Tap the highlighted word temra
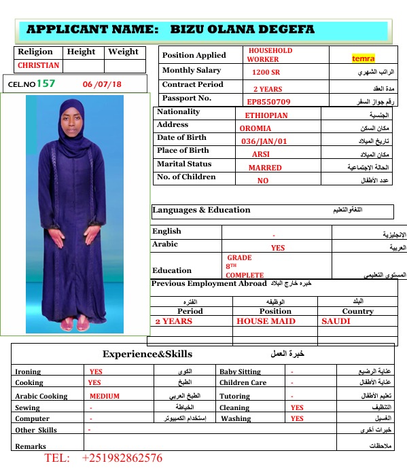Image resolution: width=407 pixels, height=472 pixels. [363, 59]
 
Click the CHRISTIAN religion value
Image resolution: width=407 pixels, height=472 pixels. [39, 66]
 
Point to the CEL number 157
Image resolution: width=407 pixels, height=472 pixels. [46, 84]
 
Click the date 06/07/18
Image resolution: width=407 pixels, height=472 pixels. [103, 84]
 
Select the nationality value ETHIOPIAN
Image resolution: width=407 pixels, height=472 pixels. [266, 115]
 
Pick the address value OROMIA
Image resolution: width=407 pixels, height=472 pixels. [255, 128]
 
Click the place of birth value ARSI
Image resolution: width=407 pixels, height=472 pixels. [261, 154]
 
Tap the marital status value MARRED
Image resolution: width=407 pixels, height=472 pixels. [264, 168]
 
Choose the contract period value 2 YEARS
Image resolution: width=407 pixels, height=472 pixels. [268, 89]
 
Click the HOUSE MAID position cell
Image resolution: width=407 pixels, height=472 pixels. [266, 321]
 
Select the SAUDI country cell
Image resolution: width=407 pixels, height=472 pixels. [336, 321]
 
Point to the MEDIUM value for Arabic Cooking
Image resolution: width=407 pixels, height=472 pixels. [104, 396]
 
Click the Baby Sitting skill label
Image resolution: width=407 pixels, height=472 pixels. [240, 372]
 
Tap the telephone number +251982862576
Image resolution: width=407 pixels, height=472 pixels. [122, 458]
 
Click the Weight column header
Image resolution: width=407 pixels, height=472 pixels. [123, 52]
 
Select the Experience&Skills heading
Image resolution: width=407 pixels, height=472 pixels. [147, 354]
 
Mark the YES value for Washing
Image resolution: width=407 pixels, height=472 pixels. [297, 419]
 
